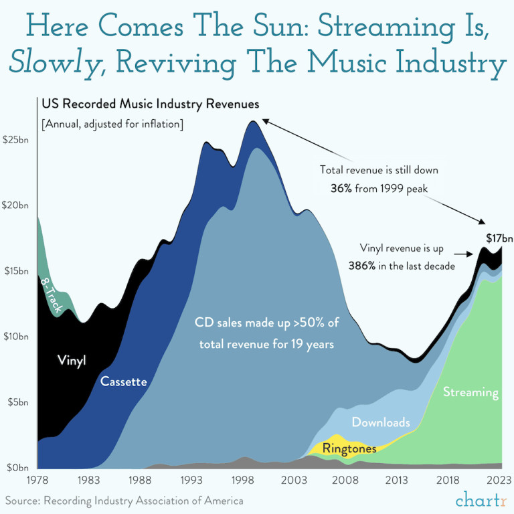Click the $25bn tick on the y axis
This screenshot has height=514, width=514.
point(17,141)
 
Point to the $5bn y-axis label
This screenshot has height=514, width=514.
point(17,402)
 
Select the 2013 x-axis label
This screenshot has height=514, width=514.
point(397,479)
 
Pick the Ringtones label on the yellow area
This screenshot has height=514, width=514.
point(349,448)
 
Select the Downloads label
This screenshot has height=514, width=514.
point(381,422)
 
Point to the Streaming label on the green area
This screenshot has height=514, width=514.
point(471,392)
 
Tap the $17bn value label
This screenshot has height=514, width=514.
point(499,238)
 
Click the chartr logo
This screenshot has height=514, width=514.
point(479,499)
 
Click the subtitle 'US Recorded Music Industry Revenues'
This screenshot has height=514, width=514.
point(150,104)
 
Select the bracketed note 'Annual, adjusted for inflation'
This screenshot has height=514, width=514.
point(112,124)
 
